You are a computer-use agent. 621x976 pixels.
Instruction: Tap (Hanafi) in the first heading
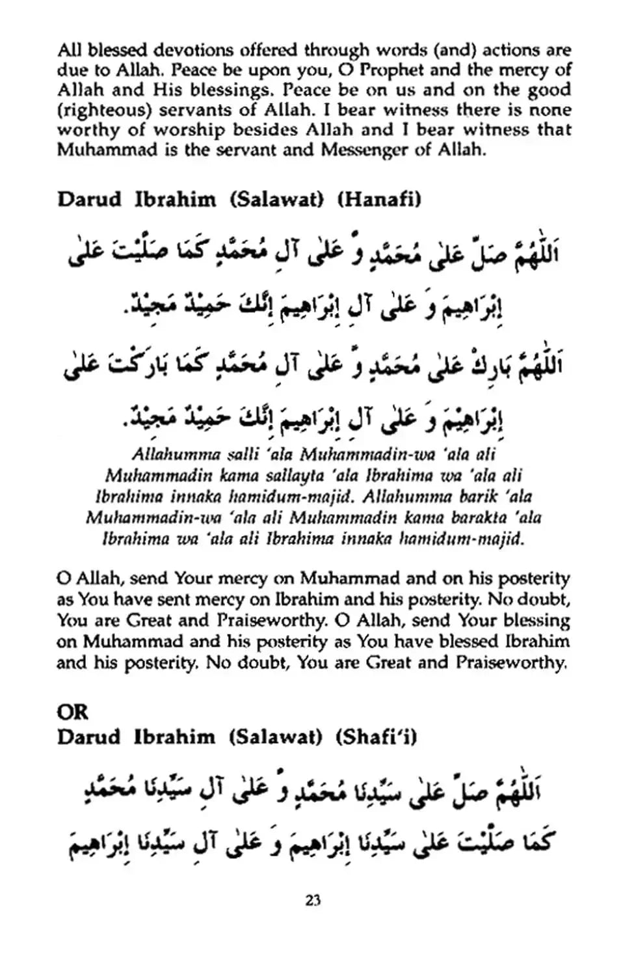(x=379, y=199)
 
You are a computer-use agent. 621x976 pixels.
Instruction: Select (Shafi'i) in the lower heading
(x=377, y=737)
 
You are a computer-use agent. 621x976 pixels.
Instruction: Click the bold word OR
(x=72, y=712)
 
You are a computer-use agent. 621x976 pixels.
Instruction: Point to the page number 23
(x=312, y=901)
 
